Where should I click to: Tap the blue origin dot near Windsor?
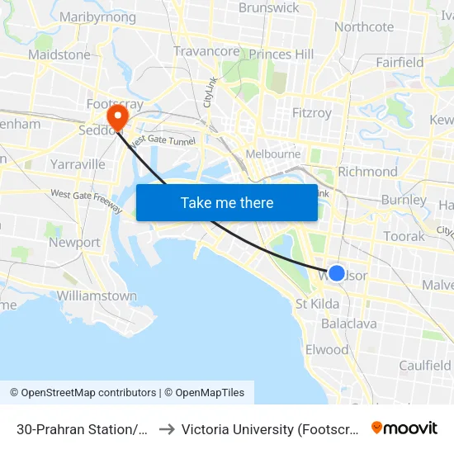(337, 273)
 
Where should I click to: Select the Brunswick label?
(268, 7)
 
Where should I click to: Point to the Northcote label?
(364, 26)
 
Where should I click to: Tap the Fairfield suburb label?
(400, 62)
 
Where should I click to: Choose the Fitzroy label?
(312, 112)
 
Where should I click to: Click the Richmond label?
(368, 171)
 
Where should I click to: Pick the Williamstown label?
(97, 296)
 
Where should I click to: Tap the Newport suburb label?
(74, 243)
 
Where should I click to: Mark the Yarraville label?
(78, 164)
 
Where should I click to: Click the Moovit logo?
(404, 428)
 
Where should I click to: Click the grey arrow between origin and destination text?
(165, 429)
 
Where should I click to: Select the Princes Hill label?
(281, 54)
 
